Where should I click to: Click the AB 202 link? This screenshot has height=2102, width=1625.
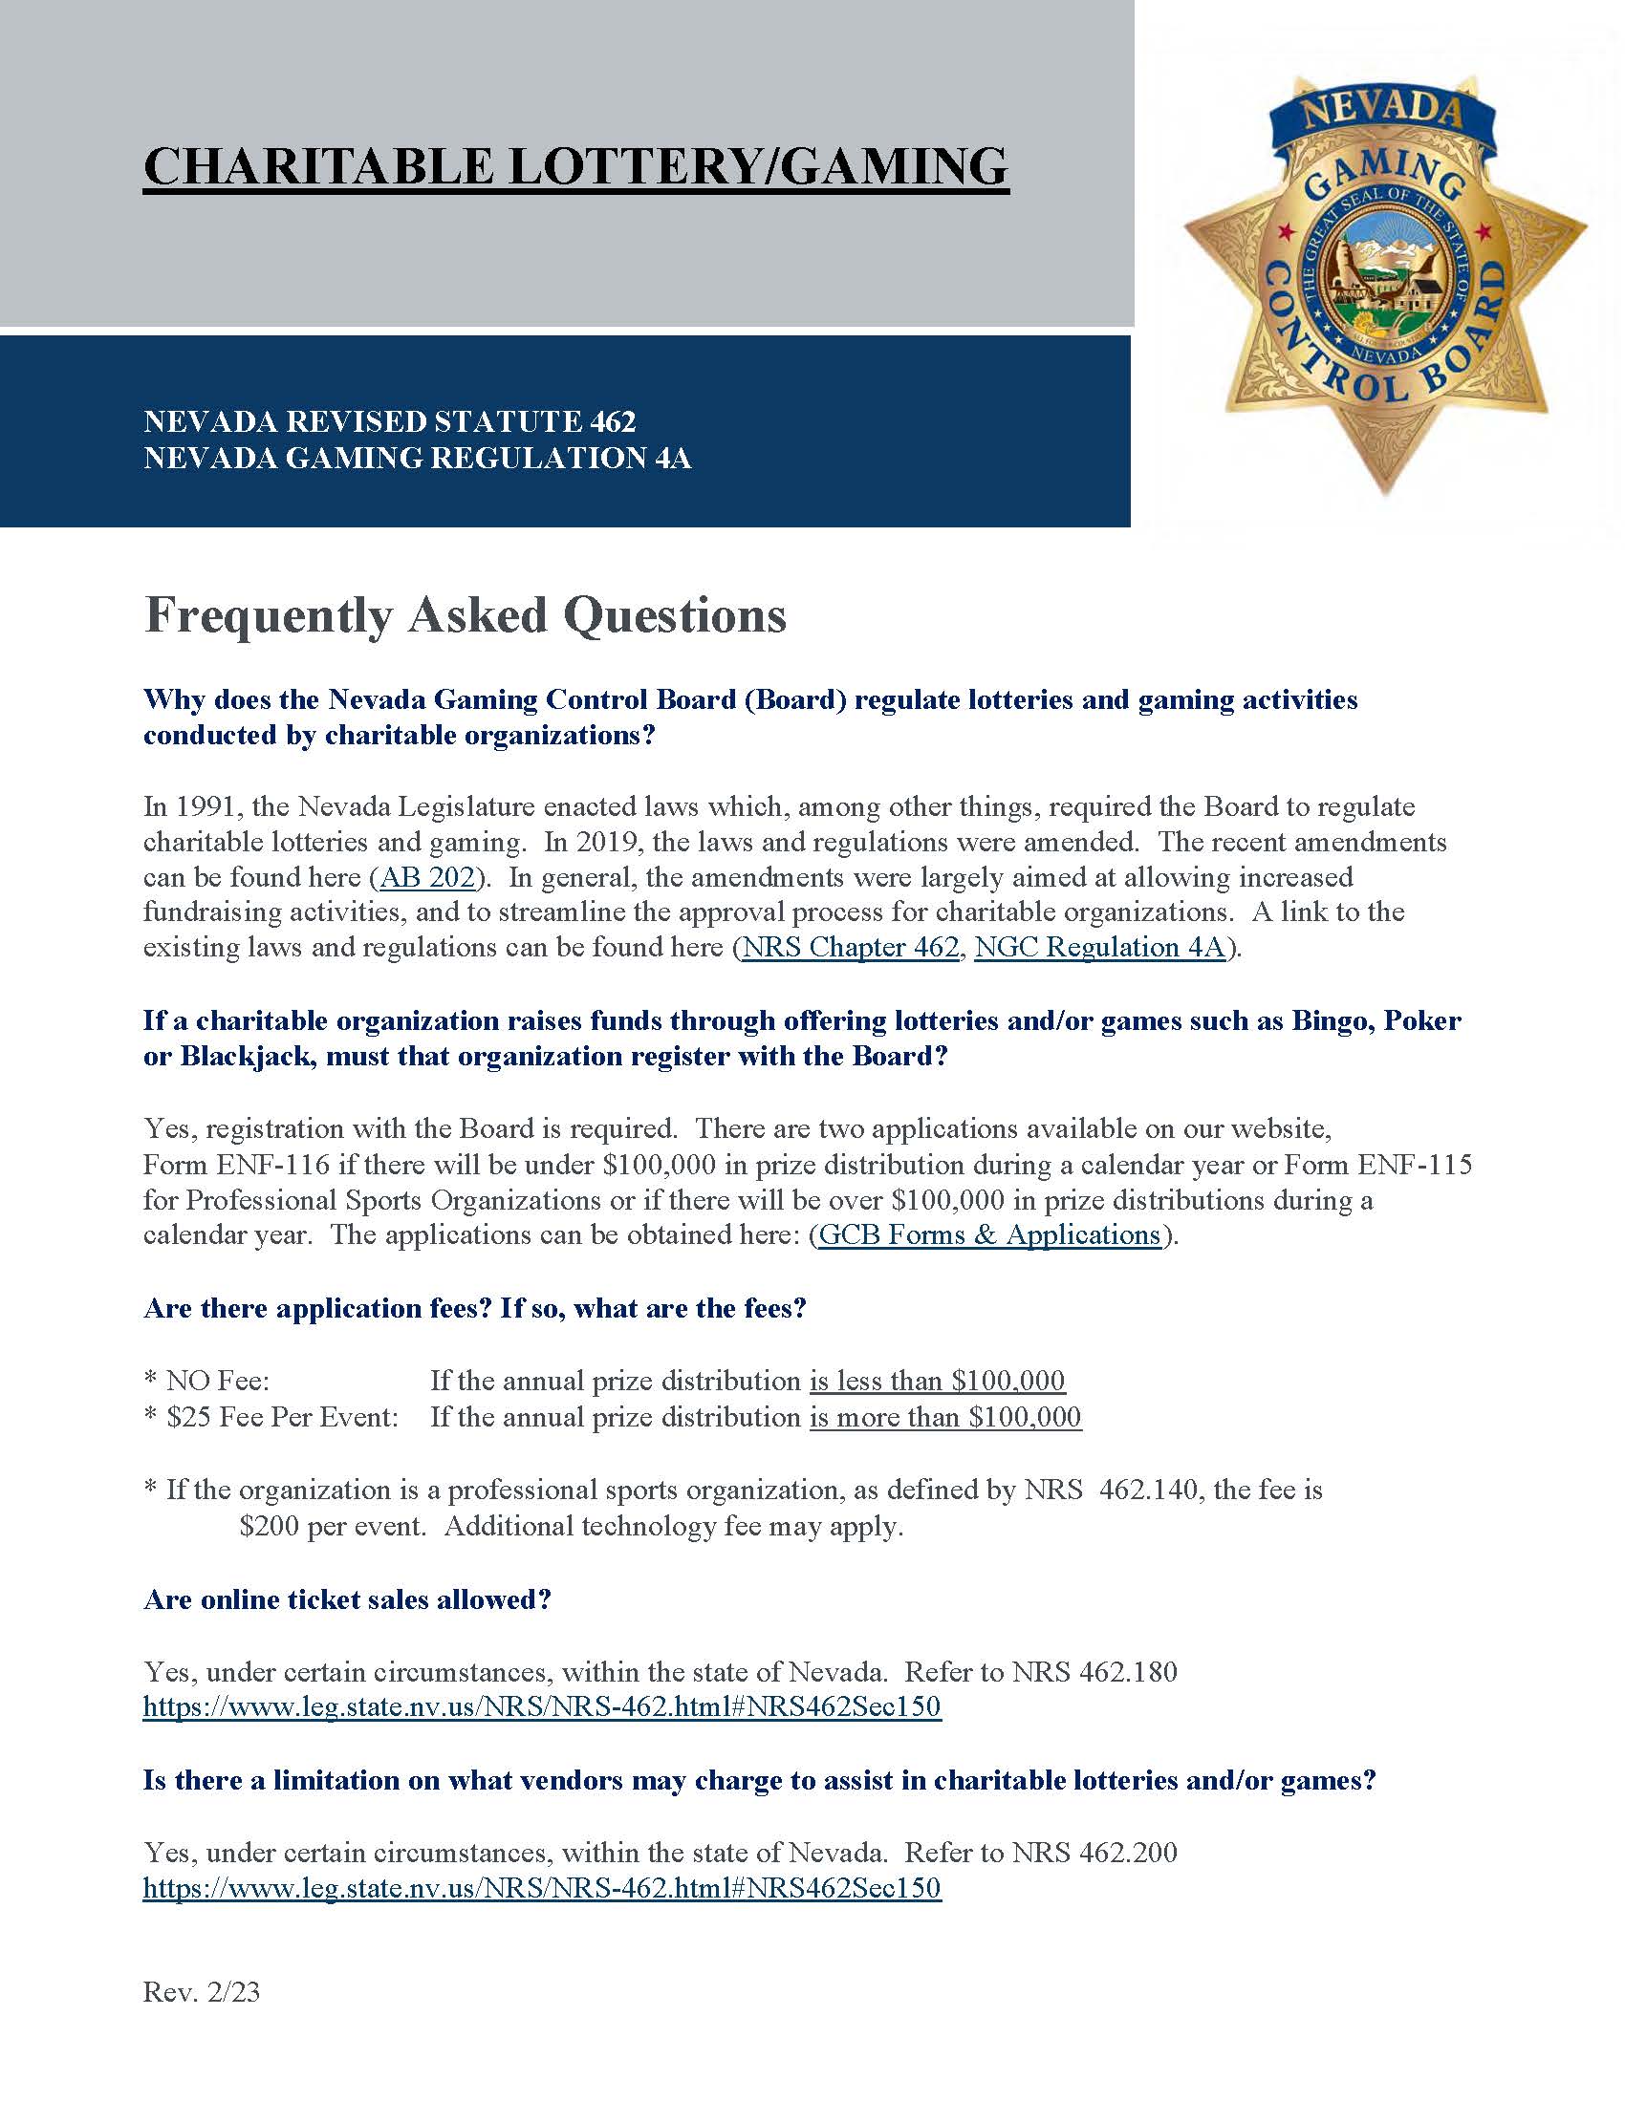pos(428,877)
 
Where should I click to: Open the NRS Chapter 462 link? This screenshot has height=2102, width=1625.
pos(851,947)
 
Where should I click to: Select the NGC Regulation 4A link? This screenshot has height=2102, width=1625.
pos(1099,947)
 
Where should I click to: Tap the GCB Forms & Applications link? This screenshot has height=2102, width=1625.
pos(989,1234)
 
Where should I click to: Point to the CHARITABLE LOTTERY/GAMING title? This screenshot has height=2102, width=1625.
pos(575,166)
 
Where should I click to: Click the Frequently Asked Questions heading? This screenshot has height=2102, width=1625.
pos(465,616)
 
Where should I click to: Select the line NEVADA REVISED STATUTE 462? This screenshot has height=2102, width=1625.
pos(390,421)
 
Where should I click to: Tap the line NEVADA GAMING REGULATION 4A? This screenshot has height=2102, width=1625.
pos(417,458)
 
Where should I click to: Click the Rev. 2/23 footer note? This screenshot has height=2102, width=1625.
pos(201,1991)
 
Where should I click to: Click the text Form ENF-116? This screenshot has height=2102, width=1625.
pos(236,1165)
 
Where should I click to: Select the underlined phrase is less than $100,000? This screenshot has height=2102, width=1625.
pos(937,1382)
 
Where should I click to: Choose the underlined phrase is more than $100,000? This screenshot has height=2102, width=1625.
pos(944,1417)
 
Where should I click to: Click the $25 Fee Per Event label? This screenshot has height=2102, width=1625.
pos(281,1417)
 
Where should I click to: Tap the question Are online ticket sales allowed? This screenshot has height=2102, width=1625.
pos(348,1599)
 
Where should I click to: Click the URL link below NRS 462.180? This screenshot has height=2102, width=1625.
pos(542,1707)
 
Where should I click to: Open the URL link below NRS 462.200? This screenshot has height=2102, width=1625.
pos(542,1888)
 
